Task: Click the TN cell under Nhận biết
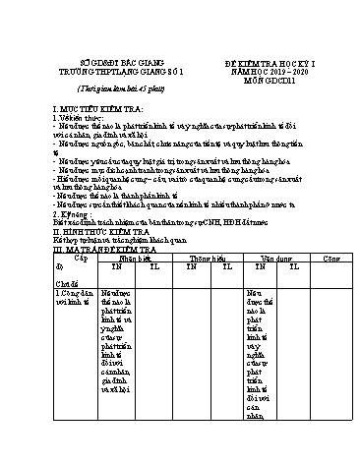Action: pyautogui.click(x=117, y=266)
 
